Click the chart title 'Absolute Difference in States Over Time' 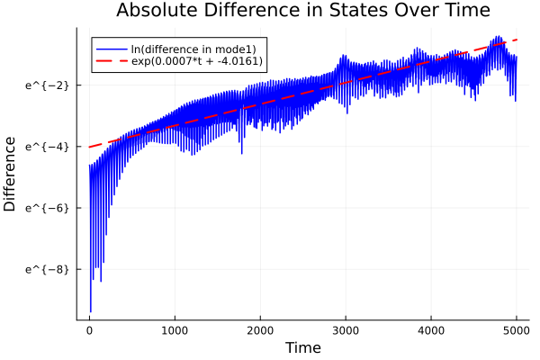(302, 12)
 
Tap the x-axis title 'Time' (302, 347)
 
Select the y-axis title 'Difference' (11, 174)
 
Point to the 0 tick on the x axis (89, 329)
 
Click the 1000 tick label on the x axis (175, 329)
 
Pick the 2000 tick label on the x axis (260, 329)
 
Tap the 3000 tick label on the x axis (346, 329)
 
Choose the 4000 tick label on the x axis (431, 329)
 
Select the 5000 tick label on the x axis (517, 329)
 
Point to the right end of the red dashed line (517, 40)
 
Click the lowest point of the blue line (90, 311)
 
